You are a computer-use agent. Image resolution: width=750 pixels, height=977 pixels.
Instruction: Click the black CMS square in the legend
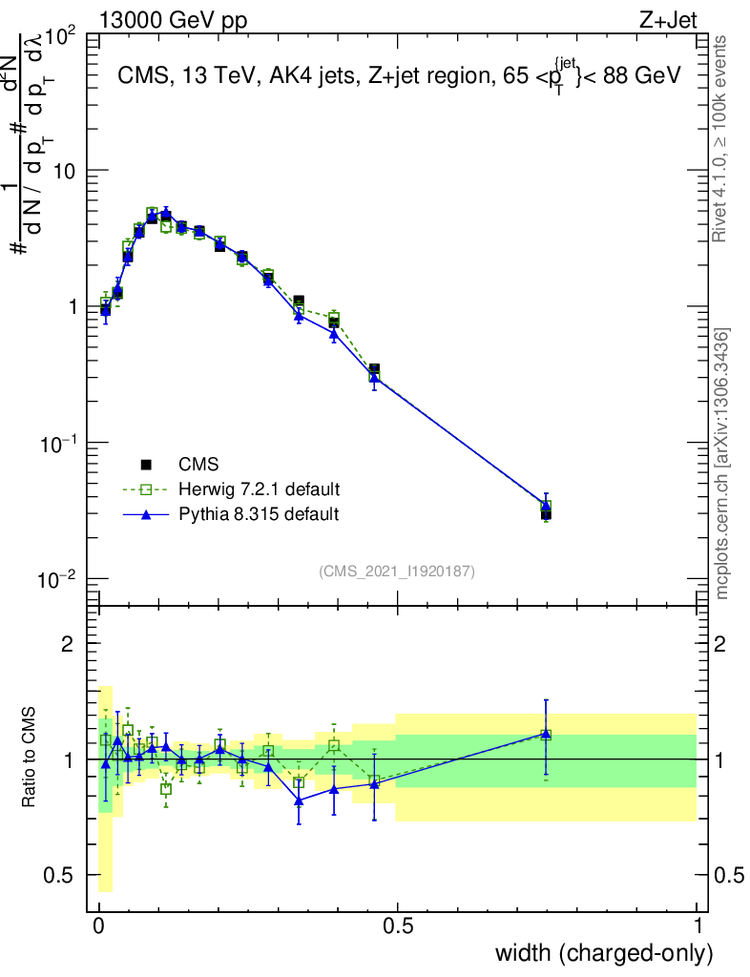[147, 465]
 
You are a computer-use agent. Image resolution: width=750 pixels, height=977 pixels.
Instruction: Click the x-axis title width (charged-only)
[604, 952]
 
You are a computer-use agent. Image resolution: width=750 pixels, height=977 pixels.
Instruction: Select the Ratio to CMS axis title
[30, 759]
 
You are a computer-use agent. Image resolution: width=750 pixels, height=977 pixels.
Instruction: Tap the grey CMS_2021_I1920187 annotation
[397, 572]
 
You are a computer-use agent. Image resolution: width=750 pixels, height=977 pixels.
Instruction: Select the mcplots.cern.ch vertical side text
[723, 464]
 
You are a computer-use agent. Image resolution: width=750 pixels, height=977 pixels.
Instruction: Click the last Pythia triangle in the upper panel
[546, 506]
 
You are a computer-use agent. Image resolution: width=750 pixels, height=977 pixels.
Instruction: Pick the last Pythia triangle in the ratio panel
[546, 734]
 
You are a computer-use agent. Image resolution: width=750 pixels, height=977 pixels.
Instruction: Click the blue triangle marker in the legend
[147, 514]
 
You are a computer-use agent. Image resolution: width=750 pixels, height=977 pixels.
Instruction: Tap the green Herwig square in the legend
[147, 489]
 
